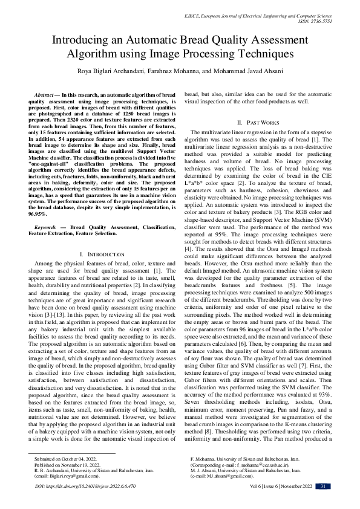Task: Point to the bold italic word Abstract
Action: [x=45, y=96]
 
